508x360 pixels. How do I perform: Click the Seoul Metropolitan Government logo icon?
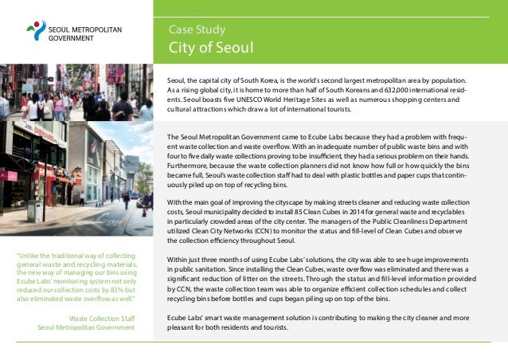[37, 30]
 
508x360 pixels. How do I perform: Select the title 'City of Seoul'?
[211, 48]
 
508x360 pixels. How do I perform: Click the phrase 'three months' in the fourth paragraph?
[224, 260]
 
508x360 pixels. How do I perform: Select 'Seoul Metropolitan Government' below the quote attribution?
[86, 327]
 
